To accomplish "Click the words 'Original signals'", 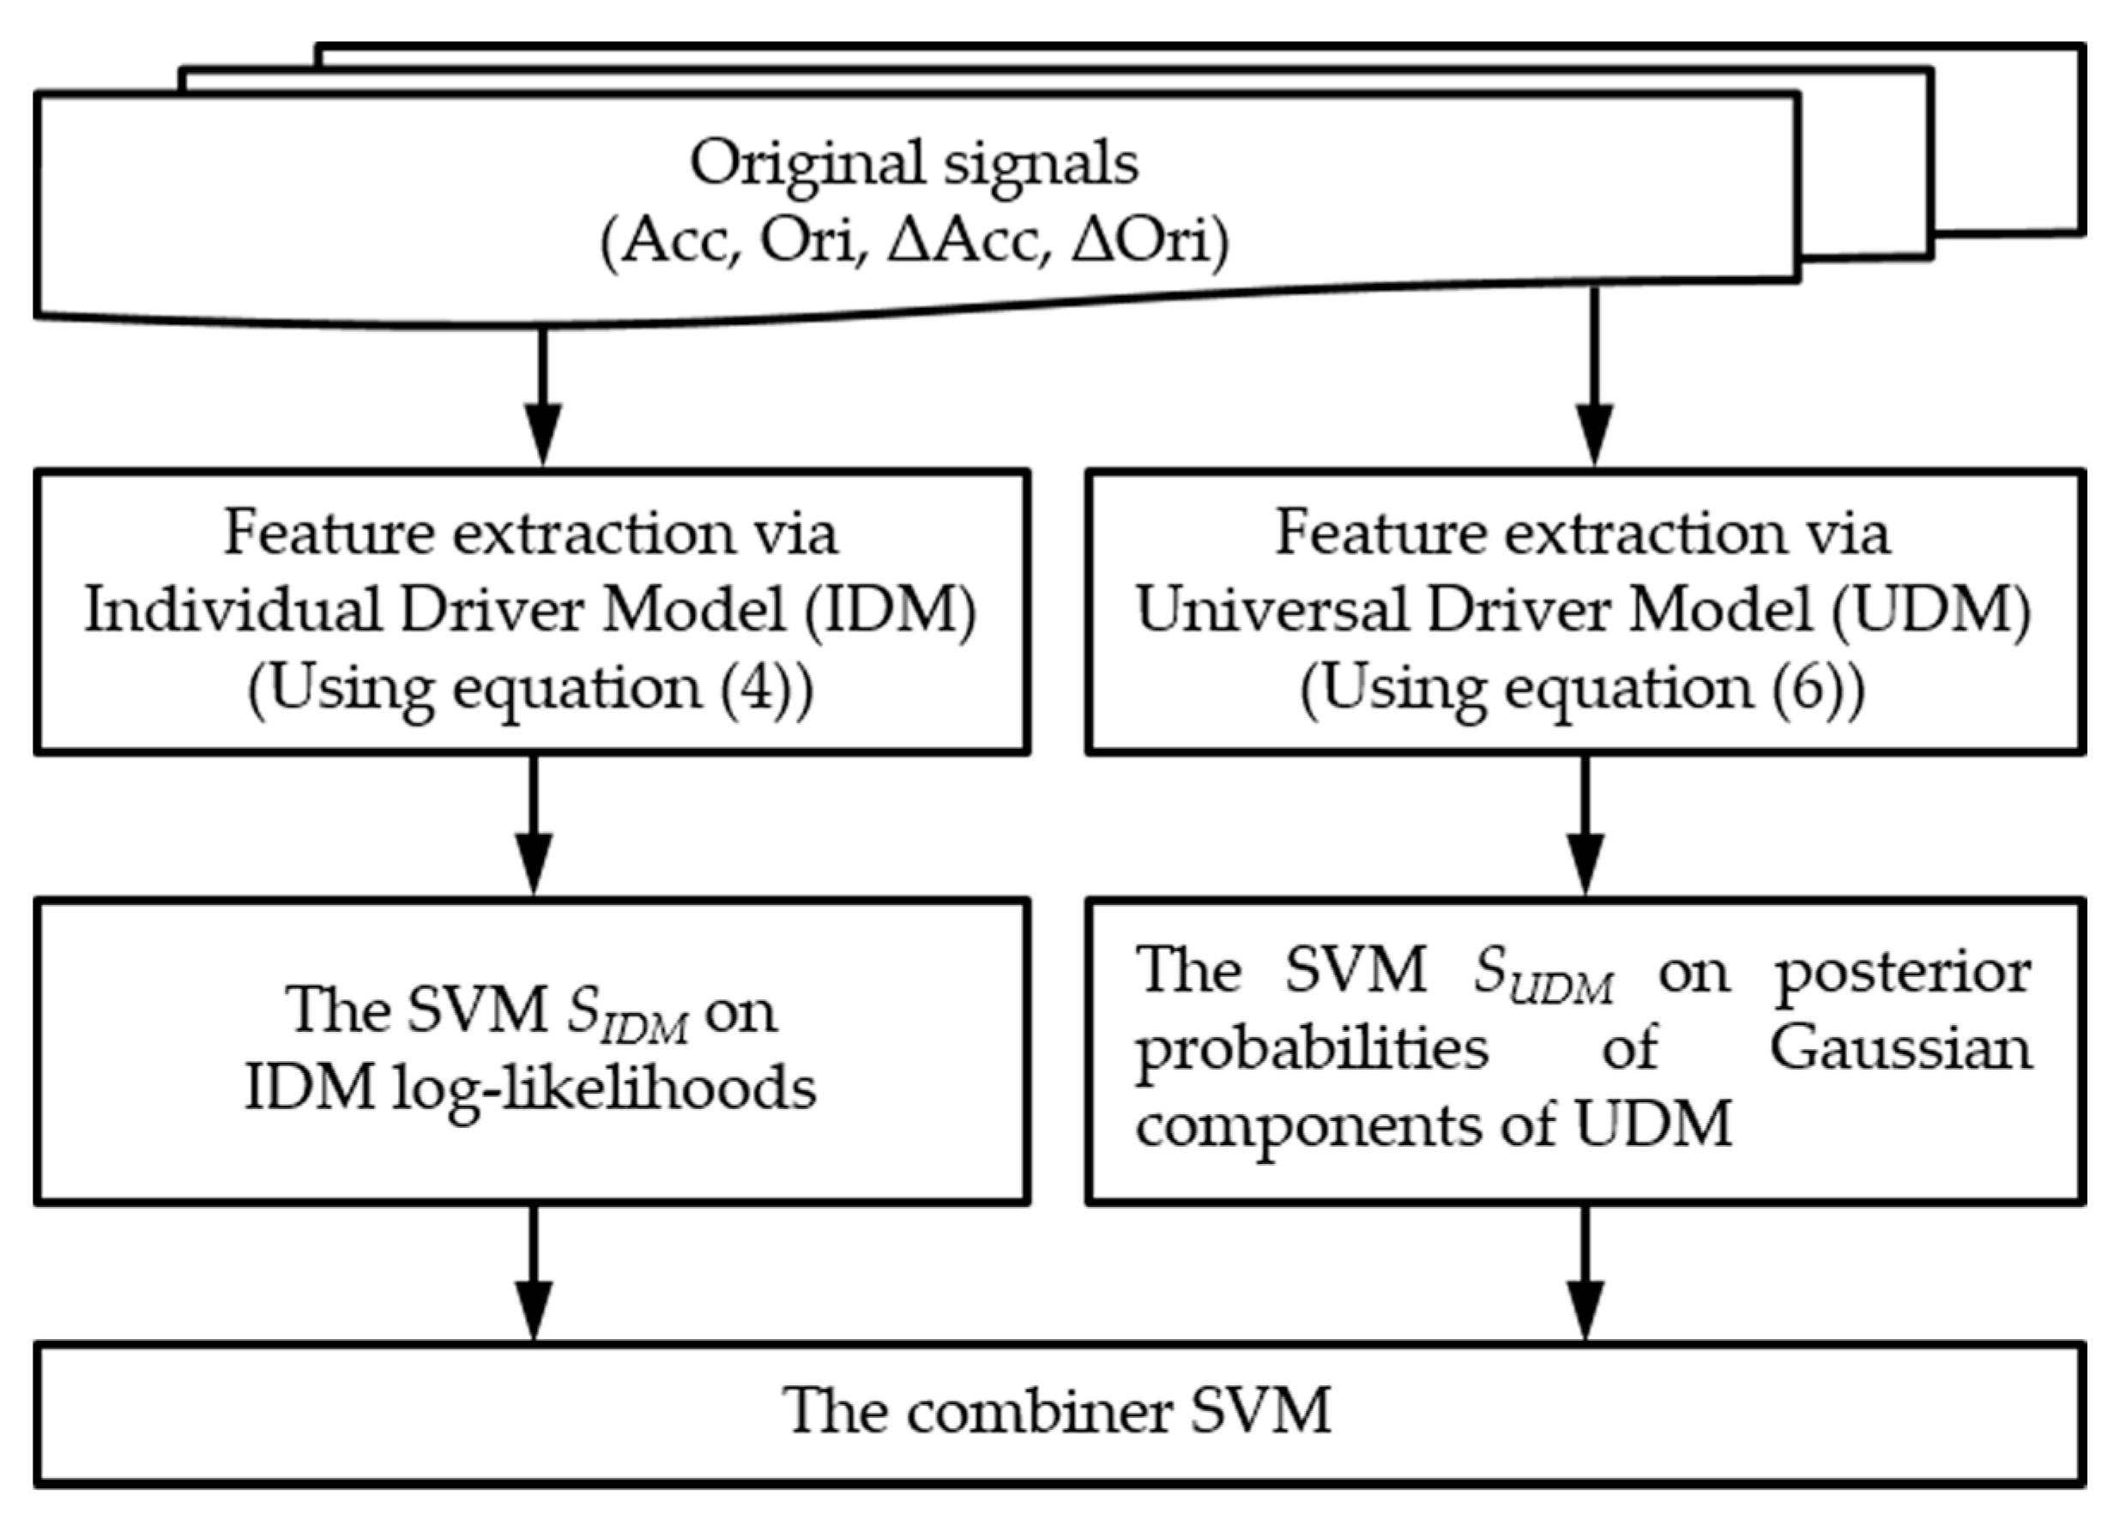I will tap(915, 164).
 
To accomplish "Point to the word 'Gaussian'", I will tap(1900, 1048).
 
